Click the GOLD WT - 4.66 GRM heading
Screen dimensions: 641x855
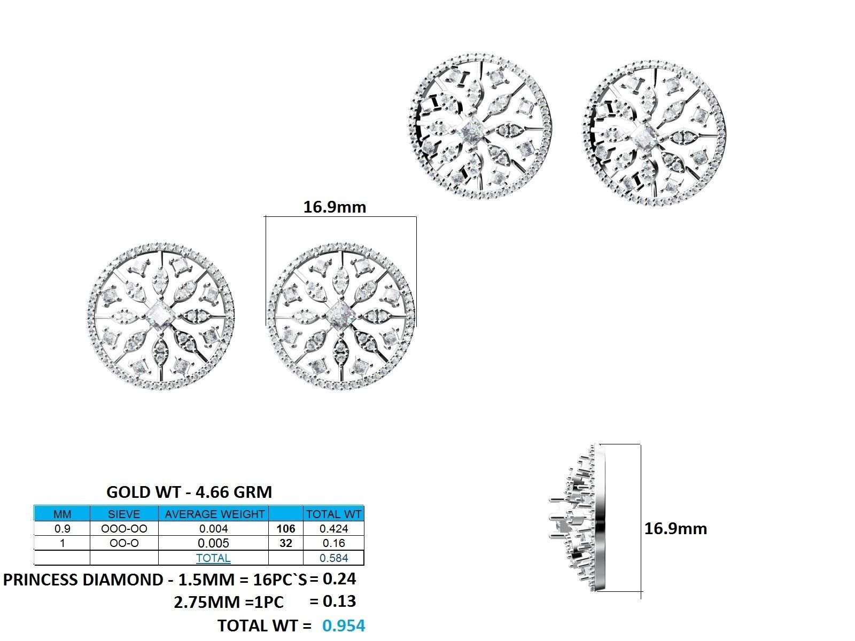coord(189,491)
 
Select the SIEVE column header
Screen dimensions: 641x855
coord(124,514)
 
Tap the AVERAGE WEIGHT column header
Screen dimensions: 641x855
coord(214,514)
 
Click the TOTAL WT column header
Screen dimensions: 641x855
coord(333,514)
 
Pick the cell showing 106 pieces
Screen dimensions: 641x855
coord(286,529)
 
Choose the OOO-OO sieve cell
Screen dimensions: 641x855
coord(124,529)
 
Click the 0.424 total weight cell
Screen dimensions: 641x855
coord(333,529)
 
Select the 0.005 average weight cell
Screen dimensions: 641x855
coord(214,543)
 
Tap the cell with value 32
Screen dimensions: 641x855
coord(286,543)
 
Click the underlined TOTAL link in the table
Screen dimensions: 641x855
coord(213,558)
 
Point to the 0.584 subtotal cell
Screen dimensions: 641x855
coord(333,558)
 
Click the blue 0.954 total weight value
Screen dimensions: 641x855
coord(344,626)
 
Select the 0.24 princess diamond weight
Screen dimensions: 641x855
coord(339,579)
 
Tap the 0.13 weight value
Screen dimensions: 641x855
coord(339,601)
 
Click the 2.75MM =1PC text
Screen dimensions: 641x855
coord(229,603)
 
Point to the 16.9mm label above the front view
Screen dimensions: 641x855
coord(335,207)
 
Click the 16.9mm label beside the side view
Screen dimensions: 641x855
coord(675,528)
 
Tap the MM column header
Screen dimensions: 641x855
coord(62,514)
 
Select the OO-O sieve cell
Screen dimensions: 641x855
coord(124,543)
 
